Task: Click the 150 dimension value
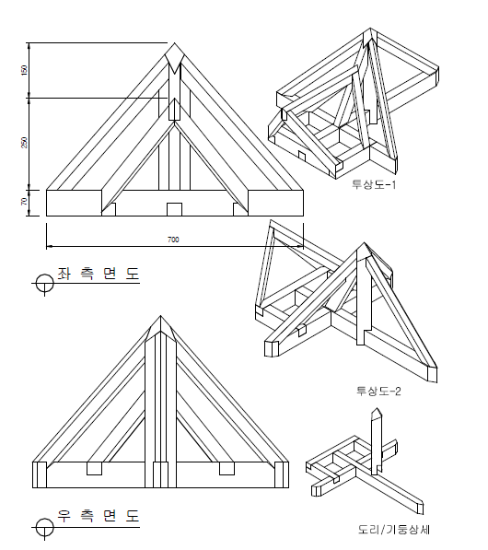[x=24, y=70]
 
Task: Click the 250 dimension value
[x=24, y=143]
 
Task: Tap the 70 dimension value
[x=24, y=202]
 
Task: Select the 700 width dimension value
[x=173, y=240]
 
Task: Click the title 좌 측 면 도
[x=99, y=274]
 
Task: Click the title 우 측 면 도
[x=99, y=516]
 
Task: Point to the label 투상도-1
[x=374, y=184]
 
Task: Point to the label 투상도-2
[x=378, y=391]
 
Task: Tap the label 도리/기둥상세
[x=394, y=530]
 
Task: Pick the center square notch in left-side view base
[x=174, y=209]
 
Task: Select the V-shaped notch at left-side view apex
[x=175, y=60]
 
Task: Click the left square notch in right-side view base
[x=94, y=468]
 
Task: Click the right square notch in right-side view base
[x=227, y=468]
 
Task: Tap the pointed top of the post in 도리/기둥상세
[x=377, y=408]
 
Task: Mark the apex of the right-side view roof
[x=160, y=316]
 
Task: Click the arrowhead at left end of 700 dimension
[x=49, y=246]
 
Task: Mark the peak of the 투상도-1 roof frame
[x=370, y=29]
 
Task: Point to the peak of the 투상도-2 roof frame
[x=364, y=242]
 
